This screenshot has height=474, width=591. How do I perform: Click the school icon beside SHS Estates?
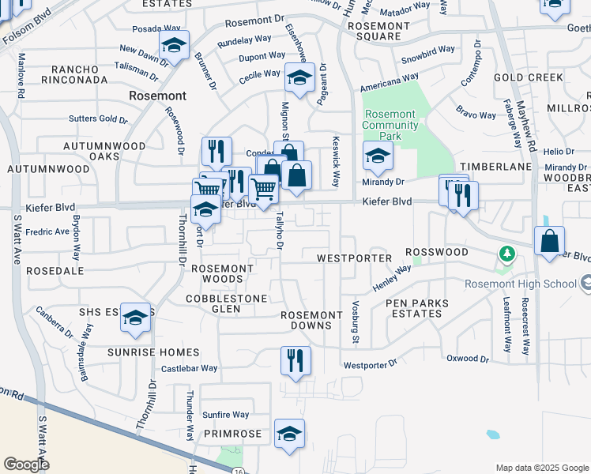[136, 318]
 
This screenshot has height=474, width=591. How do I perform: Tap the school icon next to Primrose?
[289, 433]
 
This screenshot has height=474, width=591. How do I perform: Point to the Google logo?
[25, 465]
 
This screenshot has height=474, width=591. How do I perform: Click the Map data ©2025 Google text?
[541, 468]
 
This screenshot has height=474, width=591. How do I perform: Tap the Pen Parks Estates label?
[416, 308]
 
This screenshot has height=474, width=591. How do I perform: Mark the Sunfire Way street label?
[225, 415]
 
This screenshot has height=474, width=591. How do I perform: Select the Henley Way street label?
[392, 277]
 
